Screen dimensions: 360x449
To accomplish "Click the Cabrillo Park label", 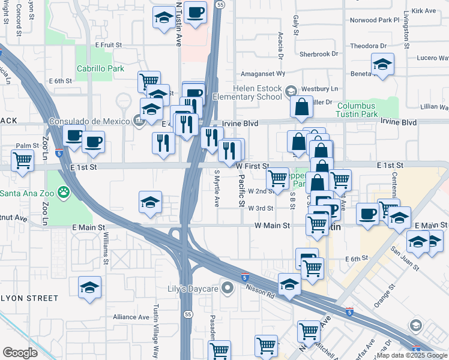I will click(x=100, y=68).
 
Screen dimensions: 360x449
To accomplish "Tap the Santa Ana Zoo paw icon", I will click(x=64, y=193).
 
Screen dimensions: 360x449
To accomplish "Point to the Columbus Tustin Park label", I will click(x=365, y=110).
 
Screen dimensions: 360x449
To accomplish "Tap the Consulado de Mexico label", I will click(x=90, y=121).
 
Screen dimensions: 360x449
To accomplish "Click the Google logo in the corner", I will click(x=20, y=352).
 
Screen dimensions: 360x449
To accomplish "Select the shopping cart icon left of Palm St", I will click(x=22, y=161).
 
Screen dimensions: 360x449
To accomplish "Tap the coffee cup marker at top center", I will click(x=195, y=13).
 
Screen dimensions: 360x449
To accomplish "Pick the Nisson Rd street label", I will click(x=260, y=292).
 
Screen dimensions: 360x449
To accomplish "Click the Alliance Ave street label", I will click(x=131, y=317).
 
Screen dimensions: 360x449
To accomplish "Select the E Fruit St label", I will click(x=108, y=45).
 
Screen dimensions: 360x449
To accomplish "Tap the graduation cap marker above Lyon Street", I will click(x=89, y=287).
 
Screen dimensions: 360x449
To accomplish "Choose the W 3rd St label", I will click(x=261, y=208).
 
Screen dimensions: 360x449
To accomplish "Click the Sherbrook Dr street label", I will click(x=319, y=54).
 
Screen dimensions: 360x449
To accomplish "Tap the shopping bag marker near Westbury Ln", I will click(x=301, y=107).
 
